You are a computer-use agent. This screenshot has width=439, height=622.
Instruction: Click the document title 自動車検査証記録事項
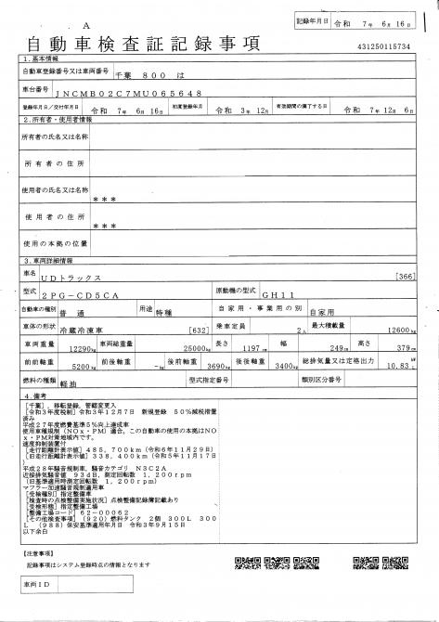(x=143, y=45)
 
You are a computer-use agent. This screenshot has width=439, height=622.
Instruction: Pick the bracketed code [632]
(x=197, y=330)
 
